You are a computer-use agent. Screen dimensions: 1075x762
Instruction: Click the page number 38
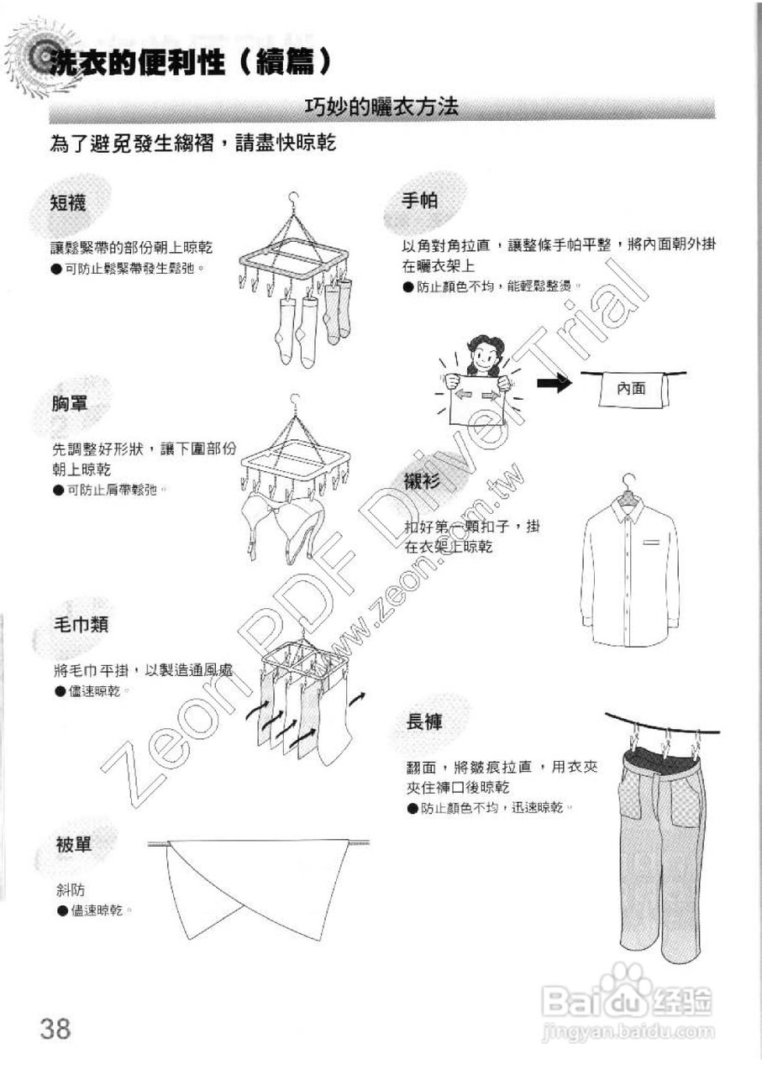click(55, 1027)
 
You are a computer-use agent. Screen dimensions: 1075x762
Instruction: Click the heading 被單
click(73, 845)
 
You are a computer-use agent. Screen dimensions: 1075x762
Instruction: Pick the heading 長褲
click(424, 721)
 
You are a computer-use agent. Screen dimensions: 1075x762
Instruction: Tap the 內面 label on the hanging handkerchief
click(630, 389)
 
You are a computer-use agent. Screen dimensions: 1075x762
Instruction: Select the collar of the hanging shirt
click(627, 509)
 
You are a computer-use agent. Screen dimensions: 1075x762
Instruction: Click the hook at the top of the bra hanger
click(293, 401)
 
